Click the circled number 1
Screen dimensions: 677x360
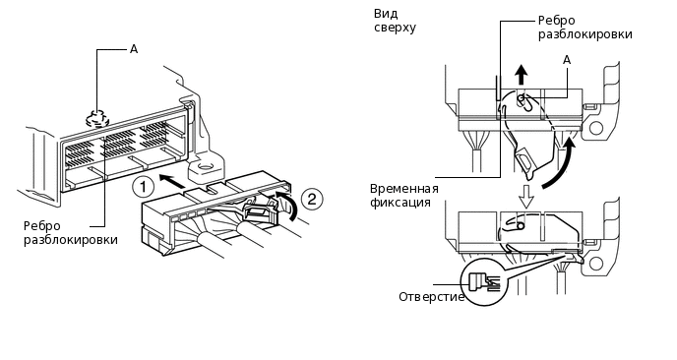pos(143,187)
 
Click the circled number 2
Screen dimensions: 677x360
pos(312,199)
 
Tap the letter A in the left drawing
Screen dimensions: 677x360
pos(134,49)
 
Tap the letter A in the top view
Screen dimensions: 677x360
pos(567,60)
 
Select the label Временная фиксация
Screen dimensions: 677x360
pos(404,196)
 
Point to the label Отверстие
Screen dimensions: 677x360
pos(431,297)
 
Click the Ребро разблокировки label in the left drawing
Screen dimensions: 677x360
pos(71,233)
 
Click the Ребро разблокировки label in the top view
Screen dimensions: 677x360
pos(585,28)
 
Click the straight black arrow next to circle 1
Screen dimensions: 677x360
pos(173,180)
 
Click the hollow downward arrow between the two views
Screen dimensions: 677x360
pos(526,197)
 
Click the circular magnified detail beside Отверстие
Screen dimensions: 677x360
pos(485,282)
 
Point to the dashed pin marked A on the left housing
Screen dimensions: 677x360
pos(98,117)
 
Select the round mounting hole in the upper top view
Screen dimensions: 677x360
pos(595,128)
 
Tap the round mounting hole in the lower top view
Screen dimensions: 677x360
pos(595,263)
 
